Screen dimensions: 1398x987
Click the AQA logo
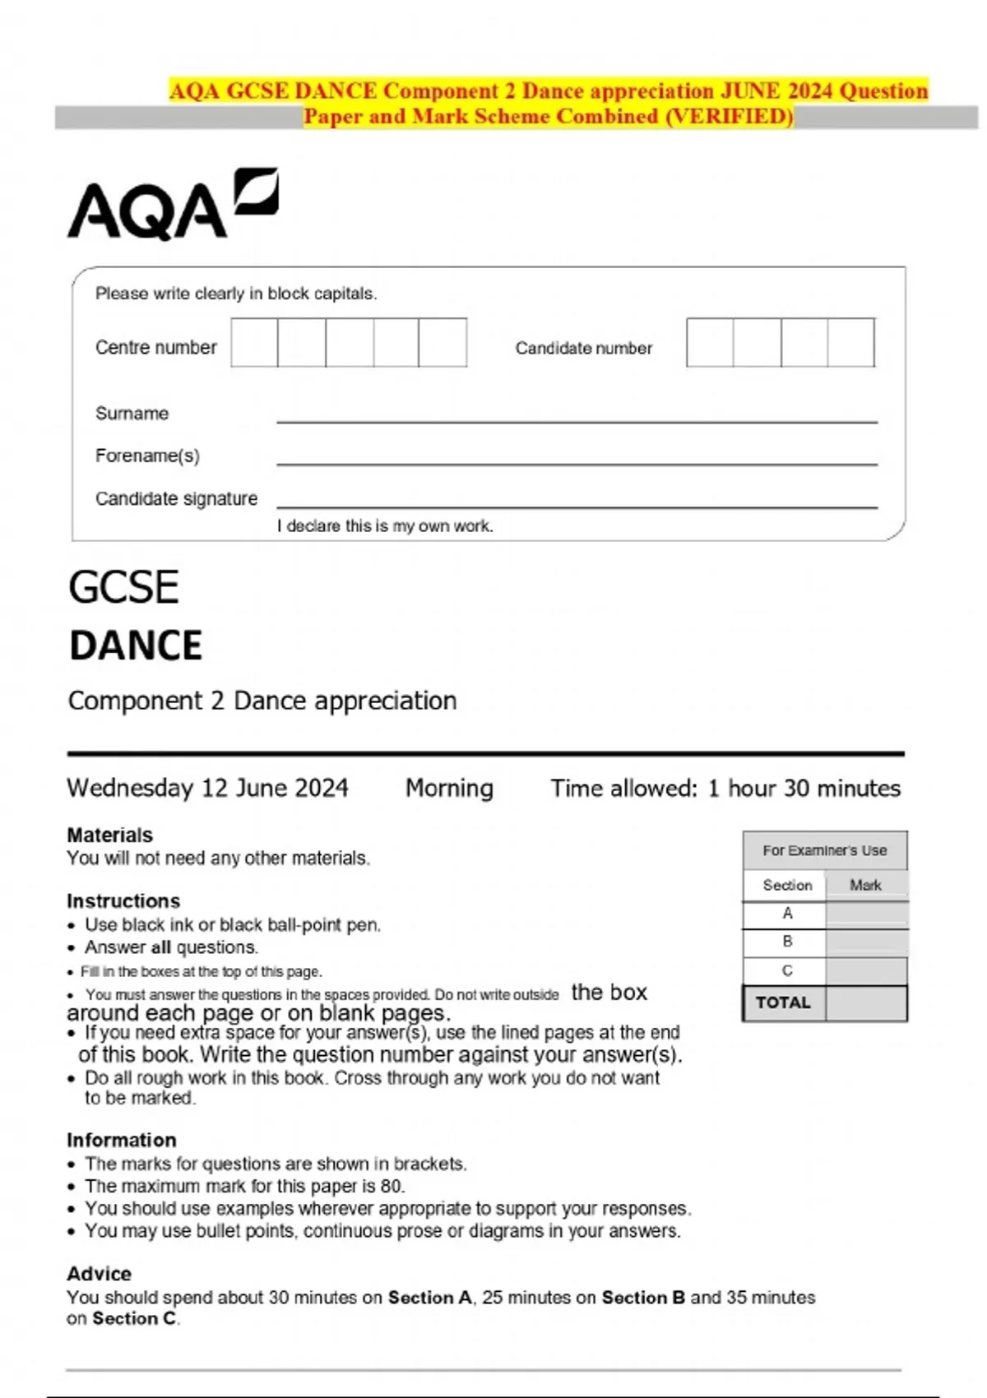[x=172, y=205]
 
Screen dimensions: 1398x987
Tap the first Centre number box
[x=254, y=343]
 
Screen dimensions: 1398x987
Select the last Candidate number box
[x=851, y=343]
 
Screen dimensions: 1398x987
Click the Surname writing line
[x=576, y=415]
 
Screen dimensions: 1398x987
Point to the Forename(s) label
[x=147, y=456]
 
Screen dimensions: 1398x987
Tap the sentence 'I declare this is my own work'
[x=385, y=526]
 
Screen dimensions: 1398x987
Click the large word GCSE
[x=123, y=587]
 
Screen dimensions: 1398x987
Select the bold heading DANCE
[x=136, y=646]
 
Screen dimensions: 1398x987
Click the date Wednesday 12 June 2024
[x=207, y=788]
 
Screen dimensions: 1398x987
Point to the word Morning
[x=449, y=788]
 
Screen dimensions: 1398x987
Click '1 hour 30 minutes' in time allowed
[x=804, y=788]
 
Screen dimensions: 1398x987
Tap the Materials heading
[x=109, y=835]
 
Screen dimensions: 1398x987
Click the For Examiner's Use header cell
[x=824, y=850]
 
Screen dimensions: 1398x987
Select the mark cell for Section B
[x=866, y=942]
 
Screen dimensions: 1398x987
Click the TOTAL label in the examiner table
[x=783, y=1002]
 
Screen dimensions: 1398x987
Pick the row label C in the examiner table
[x=787, y=970]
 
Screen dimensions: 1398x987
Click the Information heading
[x=121, y=1140]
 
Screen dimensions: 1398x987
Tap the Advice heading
[x=99, y=1273]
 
